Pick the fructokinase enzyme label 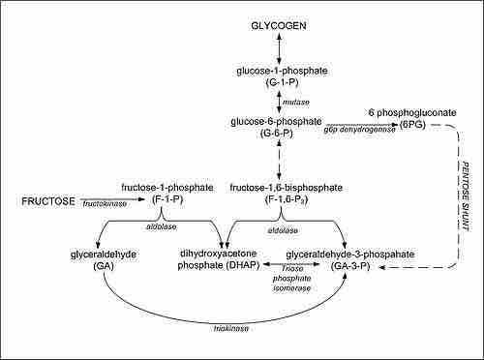(x=105, y=205)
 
